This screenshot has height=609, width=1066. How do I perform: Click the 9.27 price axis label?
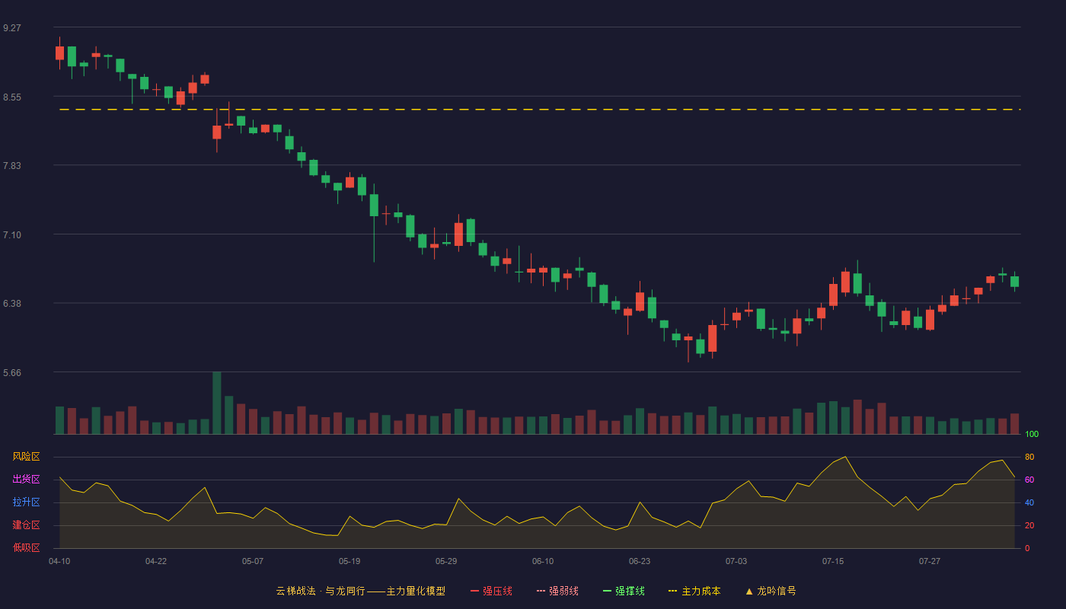click(x=12, y=28)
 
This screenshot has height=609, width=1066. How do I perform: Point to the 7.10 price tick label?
click(x=12, y=235)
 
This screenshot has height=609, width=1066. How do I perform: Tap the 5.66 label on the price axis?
click(x=12, y=373)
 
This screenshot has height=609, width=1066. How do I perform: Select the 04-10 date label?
click(x=59, y=562)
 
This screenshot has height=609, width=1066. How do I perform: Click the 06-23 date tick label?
click(x=639, y=562)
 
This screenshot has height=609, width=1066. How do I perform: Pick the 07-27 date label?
click(x=930, y=562)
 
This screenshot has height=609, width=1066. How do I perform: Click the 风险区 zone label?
click(x=26, y=457)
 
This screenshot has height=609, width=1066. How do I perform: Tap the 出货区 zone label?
click(x=26, y=479)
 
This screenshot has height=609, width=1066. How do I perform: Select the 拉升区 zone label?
click(x=26, y=502)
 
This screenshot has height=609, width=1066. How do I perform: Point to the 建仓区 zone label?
click(x=26, y=525)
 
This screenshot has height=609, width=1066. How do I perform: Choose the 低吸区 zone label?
click(x=26, y=547)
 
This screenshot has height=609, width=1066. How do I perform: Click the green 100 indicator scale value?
click(x=1032, y=434)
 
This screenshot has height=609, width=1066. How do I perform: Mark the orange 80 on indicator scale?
click(x=1029, y=457)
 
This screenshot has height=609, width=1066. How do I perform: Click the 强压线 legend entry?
click(x=491, y=591)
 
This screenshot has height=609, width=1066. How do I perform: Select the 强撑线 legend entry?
click(x=624, y=591)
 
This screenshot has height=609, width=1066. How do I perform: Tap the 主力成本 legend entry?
click(x=694, y=591)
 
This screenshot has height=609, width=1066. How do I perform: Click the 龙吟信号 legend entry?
click(x=771, y=591)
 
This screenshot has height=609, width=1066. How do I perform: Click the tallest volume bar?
click(x=216, y=403)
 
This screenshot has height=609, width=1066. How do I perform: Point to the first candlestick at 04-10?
click(x=59, y=53)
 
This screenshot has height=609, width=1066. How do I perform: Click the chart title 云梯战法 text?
click(x=295, y=591)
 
